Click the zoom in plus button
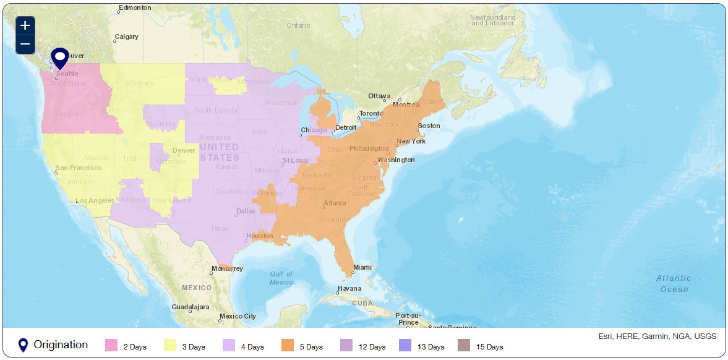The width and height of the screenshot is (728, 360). coord(25,25)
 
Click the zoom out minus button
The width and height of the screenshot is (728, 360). coord(25,45)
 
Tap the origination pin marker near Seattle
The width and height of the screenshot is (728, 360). coord(59,58)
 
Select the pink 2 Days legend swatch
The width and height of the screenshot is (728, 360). coord(111,346)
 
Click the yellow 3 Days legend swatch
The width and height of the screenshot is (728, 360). coord(170,346)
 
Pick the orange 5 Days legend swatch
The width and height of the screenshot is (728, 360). coord(288,346)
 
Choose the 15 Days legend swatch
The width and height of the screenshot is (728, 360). coord(463,346)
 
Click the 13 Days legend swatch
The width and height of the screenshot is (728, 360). coord(405,346)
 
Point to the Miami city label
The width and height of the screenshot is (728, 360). coord(362,268)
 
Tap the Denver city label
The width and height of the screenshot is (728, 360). coord(184,150)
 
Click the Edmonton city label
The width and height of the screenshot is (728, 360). coord(135,8)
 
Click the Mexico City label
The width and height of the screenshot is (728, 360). coord(238,317)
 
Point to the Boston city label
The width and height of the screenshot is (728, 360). coord(429,126)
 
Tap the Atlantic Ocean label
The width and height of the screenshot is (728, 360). coord(673,284)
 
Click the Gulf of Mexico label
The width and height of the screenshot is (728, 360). coord(281,278)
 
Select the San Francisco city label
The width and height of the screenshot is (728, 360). coord(78,168)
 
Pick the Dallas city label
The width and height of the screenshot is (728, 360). coord(246,212)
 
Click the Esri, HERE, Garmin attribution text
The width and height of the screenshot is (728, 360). coord(657,336)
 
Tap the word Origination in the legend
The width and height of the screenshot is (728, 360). coord(61,345)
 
